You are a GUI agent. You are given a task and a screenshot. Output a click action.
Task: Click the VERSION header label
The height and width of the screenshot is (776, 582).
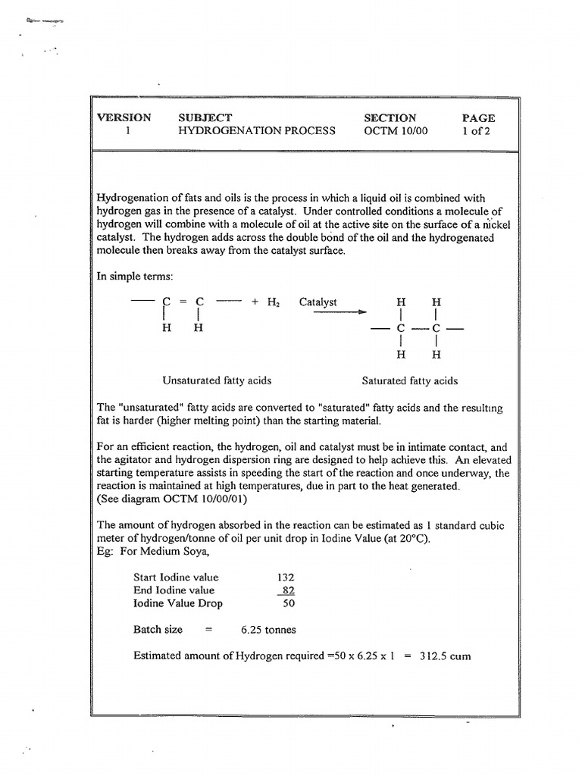(124, 117)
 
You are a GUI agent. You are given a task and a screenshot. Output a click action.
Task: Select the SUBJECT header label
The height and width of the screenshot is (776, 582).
(205, 117)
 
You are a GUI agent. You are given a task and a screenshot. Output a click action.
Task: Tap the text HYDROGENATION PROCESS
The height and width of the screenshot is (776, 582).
(256, 130)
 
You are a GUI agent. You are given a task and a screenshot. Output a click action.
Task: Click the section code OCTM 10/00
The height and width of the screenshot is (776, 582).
(396, 130)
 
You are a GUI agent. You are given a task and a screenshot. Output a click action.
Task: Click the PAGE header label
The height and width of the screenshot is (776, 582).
(478, 117)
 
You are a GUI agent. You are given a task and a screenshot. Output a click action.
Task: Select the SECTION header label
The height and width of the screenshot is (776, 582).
(390, 117)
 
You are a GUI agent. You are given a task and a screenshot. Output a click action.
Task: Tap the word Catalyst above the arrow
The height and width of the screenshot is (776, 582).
(318, 302)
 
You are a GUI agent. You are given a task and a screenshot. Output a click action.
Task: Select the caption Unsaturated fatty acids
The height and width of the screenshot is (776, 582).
(217, 380)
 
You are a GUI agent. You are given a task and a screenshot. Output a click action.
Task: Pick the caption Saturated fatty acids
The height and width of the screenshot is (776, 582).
(410, 380)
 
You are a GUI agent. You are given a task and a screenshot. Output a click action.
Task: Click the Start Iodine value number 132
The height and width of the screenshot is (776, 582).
(286, 577)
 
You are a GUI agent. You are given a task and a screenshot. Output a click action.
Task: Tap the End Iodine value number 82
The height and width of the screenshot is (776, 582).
(287, 590)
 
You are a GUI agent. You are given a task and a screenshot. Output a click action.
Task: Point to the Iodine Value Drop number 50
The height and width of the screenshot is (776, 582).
(288, 604)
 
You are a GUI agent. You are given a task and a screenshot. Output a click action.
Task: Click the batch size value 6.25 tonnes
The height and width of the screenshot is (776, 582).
(268, 630)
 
